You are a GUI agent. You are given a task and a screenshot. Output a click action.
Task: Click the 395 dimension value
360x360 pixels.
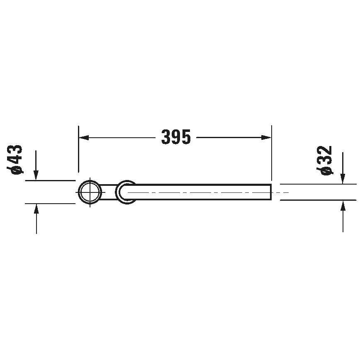pos(176,137)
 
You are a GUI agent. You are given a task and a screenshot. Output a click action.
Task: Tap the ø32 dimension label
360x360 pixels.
pos(326,160)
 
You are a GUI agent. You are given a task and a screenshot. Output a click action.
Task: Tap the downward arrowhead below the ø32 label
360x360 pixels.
pos(343,179)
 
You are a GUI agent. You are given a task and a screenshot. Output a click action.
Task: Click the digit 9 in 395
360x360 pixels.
pos(176,137)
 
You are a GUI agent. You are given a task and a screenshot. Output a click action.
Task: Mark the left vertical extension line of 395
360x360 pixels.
pos(78,149)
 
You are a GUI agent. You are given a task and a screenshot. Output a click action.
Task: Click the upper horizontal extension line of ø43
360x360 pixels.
pos(50,181)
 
